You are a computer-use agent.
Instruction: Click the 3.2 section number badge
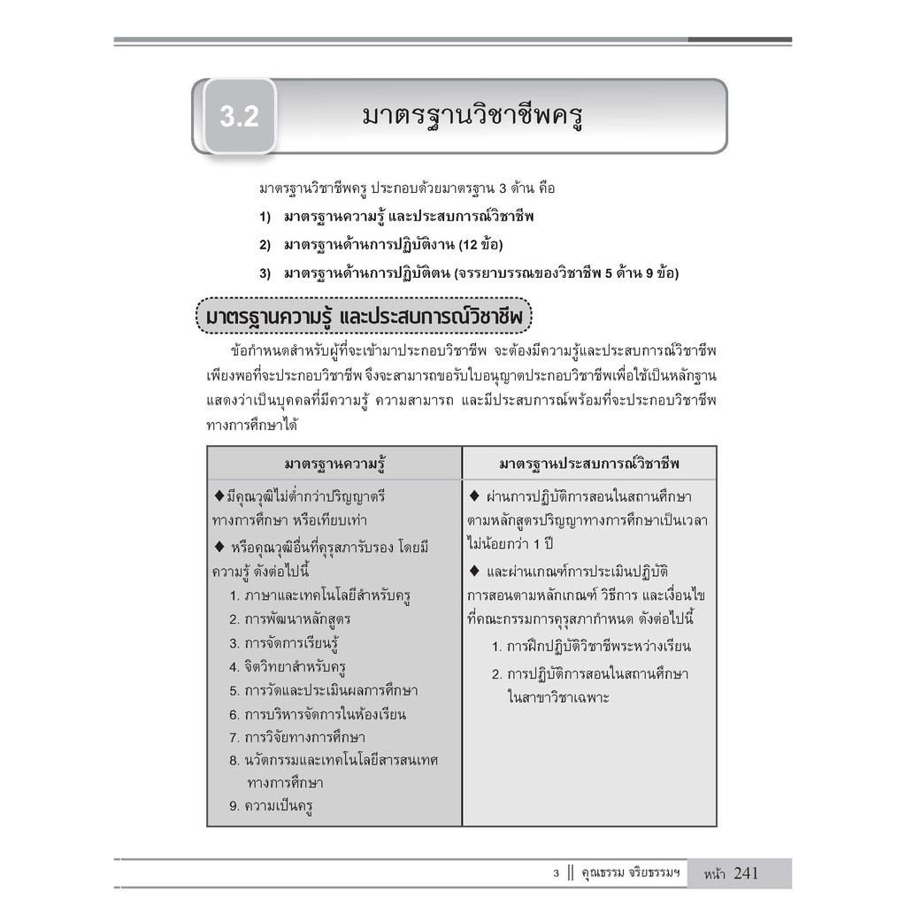click(x=239, y=117)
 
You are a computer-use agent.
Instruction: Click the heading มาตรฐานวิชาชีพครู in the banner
click(x=473, y=116)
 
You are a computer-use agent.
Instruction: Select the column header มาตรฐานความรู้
click(x=335, y=464)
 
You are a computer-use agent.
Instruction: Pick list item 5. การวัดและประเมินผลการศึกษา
click(x=323, y=690)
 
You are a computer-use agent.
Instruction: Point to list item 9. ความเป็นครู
click(x=273, y=806)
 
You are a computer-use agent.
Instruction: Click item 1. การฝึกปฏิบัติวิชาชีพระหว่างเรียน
click(x=591, y=646)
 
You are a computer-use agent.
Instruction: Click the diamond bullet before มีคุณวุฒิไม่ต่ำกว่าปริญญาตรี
click(x=219, y=495)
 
